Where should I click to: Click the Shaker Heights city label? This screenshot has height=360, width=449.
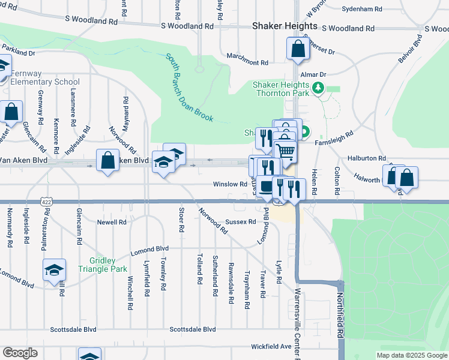pyautogui.click(x=285, y=26)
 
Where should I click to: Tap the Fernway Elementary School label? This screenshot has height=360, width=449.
pyautogui.click(x=45, y=77)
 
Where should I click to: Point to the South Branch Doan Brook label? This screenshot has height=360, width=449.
pyautogui.click(x=190, y=88)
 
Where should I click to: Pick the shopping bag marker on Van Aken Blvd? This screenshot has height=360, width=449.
pyautogui.click(x=107, y=160)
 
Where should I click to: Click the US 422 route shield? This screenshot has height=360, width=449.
pyautogui.click(x=46, y=202)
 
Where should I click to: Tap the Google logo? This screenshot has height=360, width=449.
pyautogui.click(x=20, y=352)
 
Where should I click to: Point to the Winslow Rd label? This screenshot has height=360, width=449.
pyautogui.click(x=230, y=184)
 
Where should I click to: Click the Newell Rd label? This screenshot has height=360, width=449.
pyautogui.click(x=112, y=221)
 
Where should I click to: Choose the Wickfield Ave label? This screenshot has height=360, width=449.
pyautogui.click(x=271, y=346)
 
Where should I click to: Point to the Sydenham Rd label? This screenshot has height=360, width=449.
pyautogui.click(x=362, y=9)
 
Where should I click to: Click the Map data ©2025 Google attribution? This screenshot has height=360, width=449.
pyautogui.click(x=412, y=355)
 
